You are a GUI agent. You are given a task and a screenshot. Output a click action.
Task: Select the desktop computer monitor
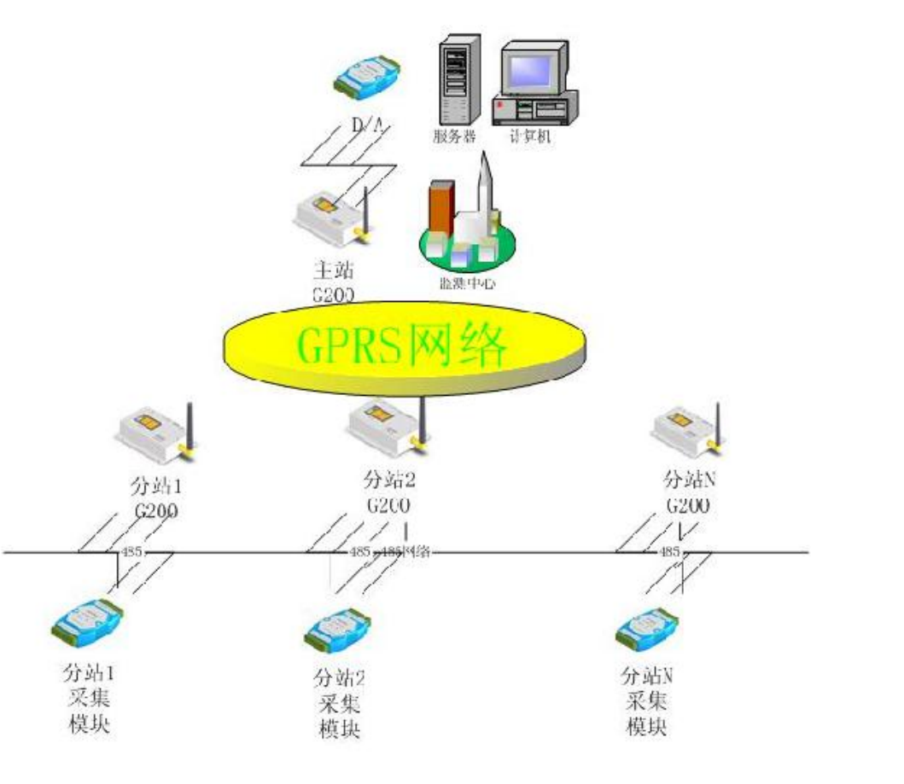coord(529,67)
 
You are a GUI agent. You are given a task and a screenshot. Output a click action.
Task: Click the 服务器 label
coord(454,136)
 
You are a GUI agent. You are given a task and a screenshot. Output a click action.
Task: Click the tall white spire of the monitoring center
coord(485,183)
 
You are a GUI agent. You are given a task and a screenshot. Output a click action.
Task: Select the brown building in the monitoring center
coord(442,209)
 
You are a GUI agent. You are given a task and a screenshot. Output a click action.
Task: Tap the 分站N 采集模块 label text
coord(647,702)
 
